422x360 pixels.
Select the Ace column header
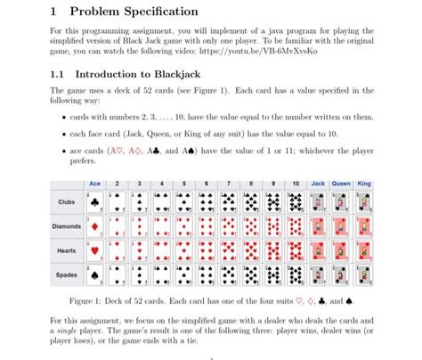(94, 183)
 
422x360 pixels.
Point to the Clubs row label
(67, 202)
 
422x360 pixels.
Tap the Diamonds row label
(67, 226)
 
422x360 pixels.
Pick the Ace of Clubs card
(94, 202)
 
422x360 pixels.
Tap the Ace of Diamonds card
(94, 226)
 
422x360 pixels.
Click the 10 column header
(296, 183)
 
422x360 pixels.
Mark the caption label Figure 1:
(88, 300)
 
